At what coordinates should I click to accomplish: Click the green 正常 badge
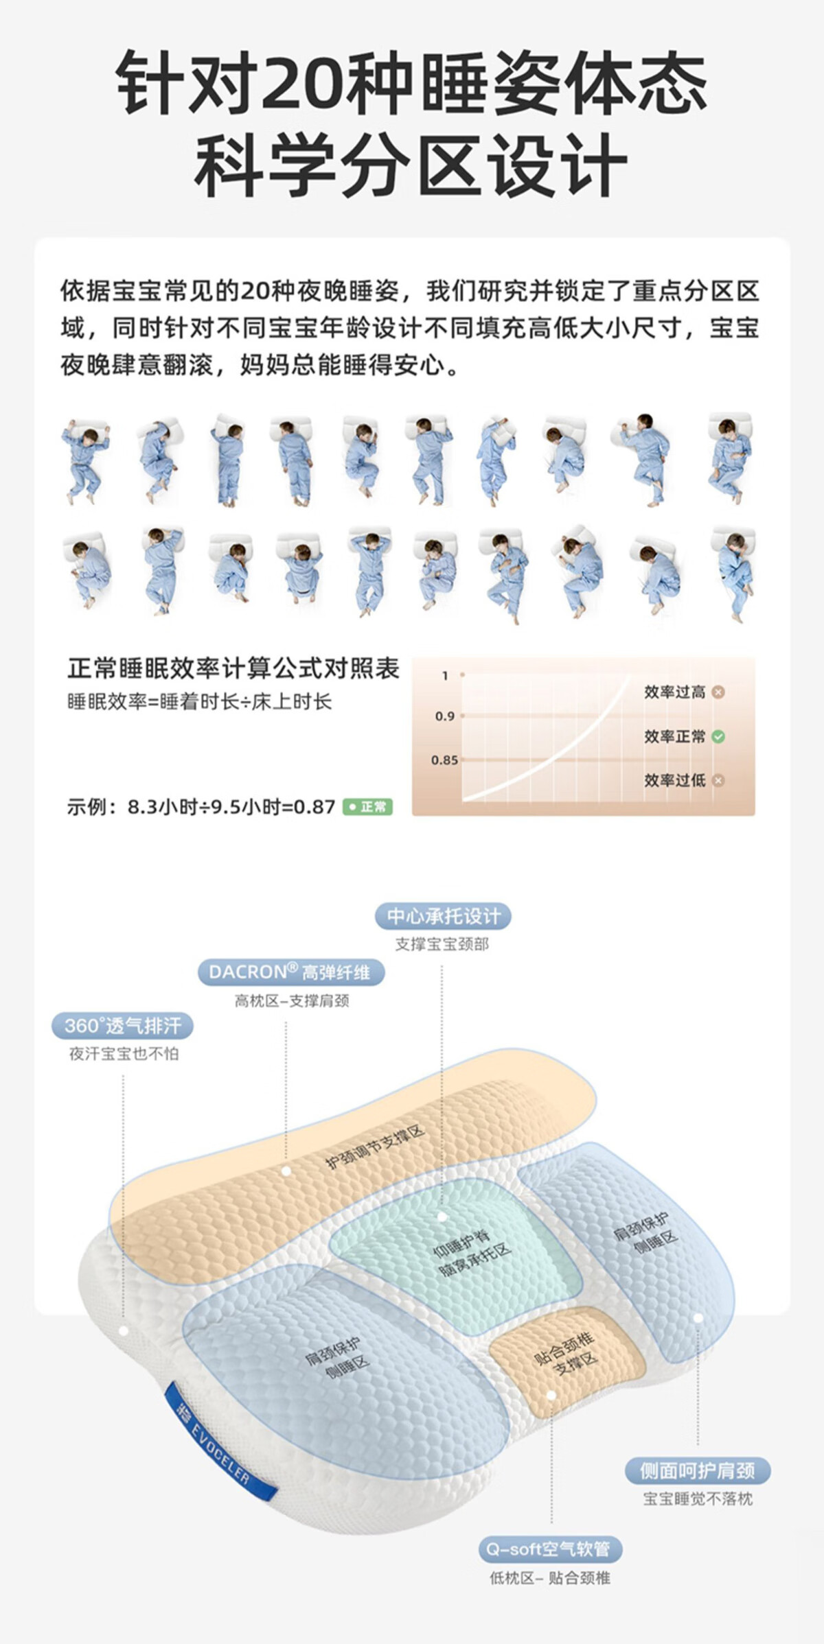point(367,807)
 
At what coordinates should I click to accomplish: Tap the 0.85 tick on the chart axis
point(444,760)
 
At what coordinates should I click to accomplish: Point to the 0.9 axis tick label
point(445,716)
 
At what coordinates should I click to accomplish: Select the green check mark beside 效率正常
point(718,737)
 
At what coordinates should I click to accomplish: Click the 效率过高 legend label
point(675,692)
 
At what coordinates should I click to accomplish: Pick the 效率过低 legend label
point(675,781)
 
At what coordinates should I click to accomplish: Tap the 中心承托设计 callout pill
point(444,916)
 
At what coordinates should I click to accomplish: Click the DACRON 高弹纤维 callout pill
point(291,972)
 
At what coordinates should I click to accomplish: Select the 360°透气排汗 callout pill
point(123,1026)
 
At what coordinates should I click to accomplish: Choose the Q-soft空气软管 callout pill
point(550,1549)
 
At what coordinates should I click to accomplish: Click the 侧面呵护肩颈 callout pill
point(698,1470)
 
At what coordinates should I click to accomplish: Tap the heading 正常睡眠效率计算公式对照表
point(233,668)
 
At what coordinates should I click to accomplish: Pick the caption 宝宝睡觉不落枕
point(698,1499)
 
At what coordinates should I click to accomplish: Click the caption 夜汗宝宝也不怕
point(124,1054)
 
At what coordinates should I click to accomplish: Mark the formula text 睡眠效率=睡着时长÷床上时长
point(199,702)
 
